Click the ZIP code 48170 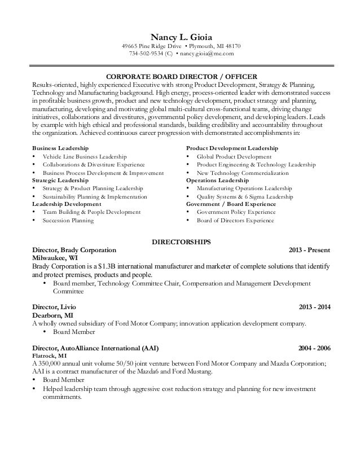pyautogui.click(x=232, y=46)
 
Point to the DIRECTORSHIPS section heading pyautogui.click(x=182, y=241)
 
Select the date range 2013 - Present pyautogui.click(x=309, y=249)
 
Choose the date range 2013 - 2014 pyautogui.click(x=313, y=307)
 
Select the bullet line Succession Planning pyautogui.click(x=68, y=221)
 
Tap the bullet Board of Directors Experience pyautogui.click(x=235, y=221)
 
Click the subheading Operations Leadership pyautogui.click(x=220, y=180)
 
